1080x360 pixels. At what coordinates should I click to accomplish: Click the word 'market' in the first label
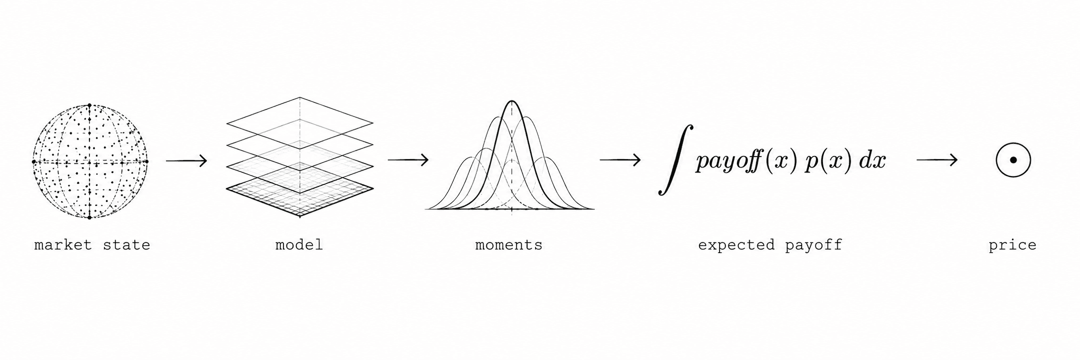(63, 245)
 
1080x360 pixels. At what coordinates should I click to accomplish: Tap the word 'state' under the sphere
(126, 245)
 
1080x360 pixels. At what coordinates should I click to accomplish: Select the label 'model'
(299, 245)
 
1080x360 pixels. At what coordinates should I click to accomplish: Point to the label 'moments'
(509, 245)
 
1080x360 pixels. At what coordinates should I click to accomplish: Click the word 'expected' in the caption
(736, 245)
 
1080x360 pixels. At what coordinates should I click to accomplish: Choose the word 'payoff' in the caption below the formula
(813, 245)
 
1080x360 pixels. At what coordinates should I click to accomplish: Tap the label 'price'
(1012, 245)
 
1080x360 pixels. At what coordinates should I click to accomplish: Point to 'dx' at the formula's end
(873, 161)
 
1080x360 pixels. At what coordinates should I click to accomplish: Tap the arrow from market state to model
(186, 161)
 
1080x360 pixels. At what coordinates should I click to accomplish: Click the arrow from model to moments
(408, 160)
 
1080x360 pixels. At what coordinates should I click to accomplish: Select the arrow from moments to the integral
(620, 160)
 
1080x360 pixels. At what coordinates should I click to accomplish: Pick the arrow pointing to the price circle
(937, 160)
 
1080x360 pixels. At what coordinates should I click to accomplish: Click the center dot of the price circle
(1013, 160)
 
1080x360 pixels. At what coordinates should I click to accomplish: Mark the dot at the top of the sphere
(90, 105)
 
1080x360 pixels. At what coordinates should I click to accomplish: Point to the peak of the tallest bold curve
(512, 101)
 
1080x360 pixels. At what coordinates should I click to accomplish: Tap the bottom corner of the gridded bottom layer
(299, 216)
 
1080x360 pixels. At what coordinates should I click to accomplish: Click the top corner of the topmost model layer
(299, 97)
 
